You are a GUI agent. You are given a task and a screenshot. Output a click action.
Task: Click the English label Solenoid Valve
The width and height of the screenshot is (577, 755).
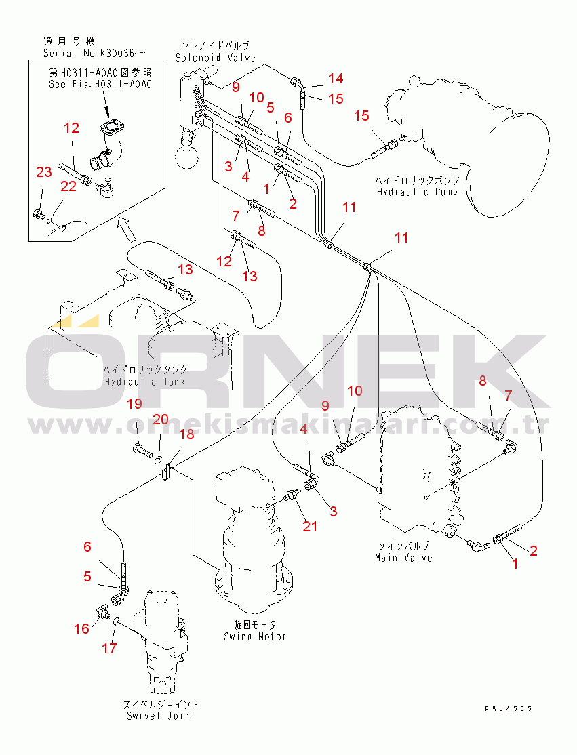point(215,58)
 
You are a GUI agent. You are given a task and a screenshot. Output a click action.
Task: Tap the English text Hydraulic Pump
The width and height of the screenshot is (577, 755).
point(416,192)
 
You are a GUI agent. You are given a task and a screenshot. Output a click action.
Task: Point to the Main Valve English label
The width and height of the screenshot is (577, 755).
point(403,558)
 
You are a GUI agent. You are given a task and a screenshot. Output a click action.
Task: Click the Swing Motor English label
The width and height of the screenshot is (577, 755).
point(255,636)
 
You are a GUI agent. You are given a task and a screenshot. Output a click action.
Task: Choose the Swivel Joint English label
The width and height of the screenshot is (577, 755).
point(161,716)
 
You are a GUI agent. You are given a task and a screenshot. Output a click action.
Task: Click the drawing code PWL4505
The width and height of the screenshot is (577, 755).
point(508,708)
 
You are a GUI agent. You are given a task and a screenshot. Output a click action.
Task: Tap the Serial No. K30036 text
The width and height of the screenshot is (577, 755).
point(95,53)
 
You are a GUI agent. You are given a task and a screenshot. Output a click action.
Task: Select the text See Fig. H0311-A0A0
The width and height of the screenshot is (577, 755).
point(100,85)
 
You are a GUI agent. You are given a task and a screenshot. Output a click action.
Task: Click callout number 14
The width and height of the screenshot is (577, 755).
point(336,78)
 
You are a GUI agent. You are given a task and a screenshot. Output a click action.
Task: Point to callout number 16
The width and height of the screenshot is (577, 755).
point(81,629)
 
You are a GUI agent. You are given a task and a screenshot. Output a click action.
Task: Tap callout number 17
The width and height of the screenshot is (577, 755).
point(109,649)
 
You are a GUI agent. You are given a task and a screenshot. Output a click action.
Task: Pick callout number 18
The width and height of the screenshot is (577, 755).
point(186,434)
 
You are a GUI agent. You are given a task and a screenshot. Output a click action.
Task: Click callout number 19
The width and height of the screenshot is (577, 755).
point(135,405)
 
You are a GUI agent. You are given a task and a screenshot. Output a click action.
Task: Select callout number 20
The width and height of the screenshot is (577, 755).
point(160,420)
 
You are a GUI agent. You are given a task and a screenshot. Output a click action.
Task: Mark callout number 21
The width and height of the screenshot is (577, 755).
point(310,526)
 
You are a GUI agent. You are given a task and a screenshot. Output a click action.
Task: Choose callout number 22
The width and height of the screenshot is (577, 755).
point(68,186)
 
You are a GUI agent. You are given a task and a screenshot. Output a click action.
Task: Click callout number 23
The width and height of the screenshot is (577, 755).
point(43,173)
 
